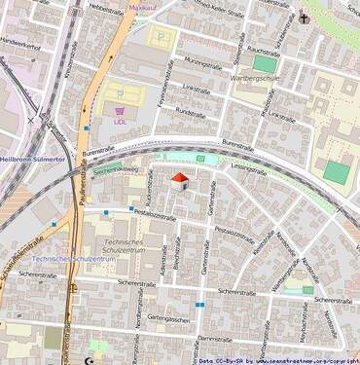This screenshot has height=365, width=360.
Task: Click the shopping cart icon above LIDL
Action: [x=121, y=111]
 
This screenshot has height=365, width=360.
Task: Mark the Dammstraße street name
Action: [x=211, y=339]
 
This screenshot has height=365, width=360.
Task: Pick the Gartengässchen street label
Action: [x=166, y=318]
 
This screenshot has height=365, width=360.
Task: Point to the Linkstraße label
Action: [x=197, y=88]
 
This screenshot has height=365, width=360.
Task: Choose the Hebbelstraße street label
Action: [x=104, y=8]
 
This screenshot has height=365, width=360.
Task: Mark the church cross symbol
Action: [x=305, y=18]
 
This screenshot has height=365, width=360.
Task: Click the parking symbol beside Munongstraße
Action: [x=162, y=41]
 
